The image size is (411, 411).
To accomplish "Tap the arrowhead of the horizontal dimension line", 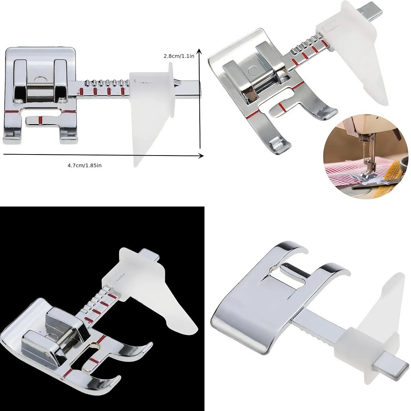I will click(x=201, y=155).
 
